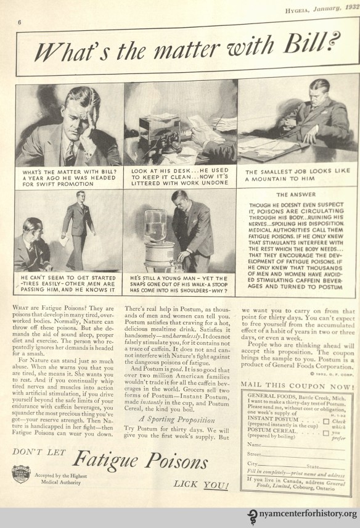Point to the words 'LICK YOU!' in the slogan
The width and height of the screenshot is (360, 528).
(197, 500)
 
